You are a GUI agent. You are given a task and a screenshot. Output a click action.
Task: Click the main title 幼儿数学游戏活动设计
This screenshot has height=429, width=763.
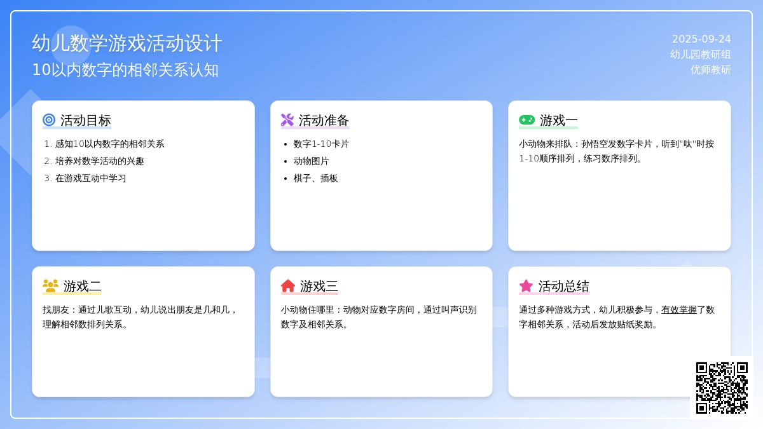(127, 43)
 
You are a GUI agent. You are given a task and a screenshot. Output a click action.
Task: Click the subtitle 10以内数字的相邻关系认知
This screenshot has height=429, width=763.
(125, 70)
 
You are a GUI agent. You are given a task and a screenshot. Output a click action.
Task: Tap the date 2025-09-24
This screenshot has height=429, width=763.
(701, 39)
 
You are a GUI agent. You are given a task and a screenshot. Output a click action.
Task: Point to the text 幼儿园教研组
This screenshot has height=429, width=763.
(700, 55)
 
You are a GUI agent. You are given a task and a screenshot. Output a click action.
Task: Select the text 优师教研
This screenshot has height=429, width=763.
(711, 70)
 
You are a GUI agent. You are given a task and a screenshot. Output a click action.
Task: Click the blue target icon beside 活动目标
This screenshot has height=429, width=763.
(49, 120)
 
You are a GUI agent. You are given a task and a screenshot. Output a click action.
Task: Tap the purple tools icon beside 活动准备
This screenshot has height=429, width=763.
(287, 120)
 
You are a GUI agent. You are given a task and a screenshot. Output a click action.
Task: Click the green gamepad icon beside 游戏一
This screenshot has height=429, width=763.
(527, 120)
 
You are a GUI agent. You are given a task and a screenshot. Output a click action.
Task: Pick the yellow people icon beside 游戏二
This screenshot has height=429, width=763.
(50, 286)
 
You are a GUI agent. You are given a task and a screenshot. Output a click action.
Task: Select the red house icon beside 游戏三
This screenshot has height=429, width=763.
(288, 286)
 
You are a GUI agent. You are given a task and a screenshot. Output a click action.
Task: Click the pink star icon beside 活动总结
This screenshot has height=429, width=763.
(526, 286)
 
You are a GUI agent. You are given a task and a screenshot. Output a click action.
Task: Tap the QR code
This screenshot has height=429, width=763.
(722, 388)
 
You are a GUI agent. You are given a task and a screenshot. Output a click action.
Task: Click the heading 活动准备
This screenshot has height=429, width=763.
(324, 121)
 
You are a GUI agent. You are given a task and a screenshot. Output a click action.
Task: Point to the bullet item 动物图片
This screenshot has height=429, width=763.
(312, 161)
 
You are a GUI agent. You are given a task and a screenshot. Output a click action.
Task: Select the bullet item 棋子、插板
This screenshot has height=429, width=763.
(316, 179)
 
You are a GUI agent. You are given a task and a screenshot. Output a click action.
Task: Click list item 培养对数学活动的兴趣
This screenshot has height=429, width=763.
(99, 161)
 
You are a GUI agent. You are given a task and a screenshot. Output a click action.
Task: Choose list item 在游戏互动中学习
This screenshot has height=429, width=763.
(90, 179)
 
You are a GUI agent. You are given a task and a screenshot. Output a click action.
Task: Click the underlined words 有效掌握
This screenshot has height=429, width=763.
(679, 310)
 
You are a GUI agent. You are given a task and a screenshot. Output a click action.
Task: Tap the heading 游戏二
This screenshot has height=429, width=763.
(83, 287)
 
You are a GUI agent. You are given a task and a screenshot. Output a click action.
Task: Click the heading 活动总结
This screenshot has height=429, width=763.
(564, 287)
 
